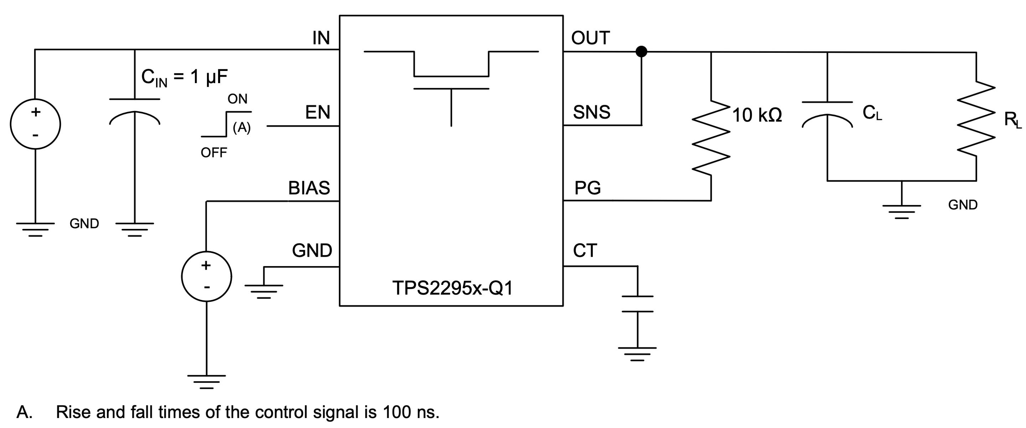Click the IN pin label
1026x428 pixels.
click(x=321, y=38)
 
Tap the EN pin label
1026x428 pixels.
click(x=317, y=112)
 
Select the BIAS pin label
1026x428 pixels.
click(x=309, y=188)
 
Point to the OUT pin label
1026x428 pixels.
click(x=590, y=38)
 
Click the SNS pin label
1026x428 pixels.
click(x=591, y=112)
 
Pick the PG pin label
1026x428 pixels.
click(x=587, y=188)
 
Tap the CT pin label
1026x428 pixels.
click(x=585, y=251)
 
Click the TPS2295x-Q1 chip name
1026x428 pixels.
click(x=452, y=288)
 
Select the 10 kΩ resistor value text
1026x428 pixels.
click(x=757, y=116)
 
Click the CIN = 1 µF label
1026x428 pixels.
click(x=185, y=77)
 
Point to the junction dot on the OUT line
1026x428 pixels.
click(x=641, y=51)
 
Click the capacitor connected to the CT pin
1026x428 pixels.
click(x=637, y=304)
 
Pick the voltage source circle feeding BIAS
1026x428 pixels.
click(x=206, y=276)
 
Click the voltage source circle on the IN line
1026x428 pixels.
click(x=36, y=124)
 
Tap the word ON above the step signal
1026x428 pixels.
click(x=237, y=99)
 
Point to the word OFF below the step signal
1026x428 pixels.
click(x=214, y=152)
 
